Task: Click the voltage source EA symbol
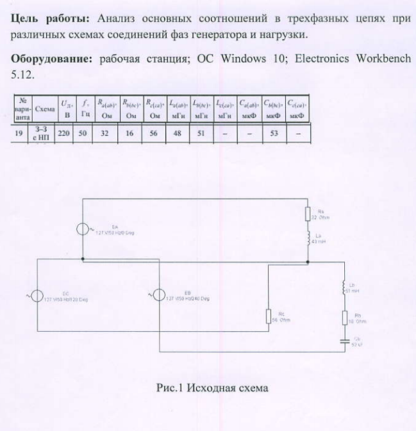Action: point(84,229)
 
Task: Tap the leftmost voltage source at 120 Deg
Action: point(37,296)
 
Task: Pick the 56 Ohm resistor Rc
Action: point(269,316)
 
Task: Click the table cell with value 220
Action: point(65,133)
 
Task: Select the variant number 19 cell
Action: point(22,133)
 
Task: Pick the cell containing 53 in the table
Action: point(274,133)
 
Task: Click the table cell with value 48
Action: point(176,133)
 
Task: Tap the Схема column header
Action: point(45,108)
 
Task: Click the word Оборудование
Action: point(51,60)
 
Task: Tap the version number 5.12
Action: point(22,75)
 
